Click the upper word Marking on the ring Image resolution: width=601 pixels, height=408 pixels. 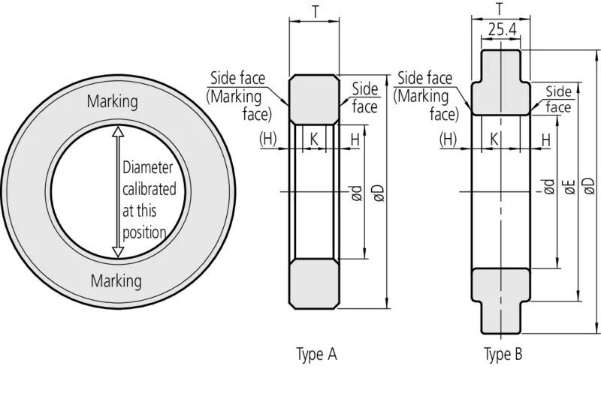pyautogui.click(x=113, y=101)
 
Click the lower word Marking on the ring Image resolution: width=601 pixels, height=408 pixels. pyautogui.click(x=116, y=281)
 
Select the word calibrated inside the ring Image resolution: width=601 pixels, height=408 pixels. pyautogui.click(x=149, y=189)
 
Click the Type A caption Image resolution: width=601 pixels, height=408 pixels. pyautogui.click(x=316, y=355)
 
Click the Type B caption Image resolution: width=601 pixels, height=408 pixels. pyautogui.click(x=503, y=355)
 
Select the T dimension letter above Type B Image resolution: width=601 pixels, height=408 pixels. pyautogui.click(x=500, y=10)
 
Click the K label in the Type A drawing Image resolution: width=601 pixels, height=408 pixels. pyautogui.click(x=314, y=139)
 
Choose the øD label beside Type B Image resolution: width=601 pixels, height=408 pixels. pyautogui.click(x=588, y=185)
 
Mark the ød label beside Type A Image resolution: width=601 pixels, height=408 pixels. pyautogui.click(x=358, y=193)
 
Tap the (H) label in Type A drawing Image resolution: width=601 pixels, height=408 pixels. pyautogui.click(x=269, y=139)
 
